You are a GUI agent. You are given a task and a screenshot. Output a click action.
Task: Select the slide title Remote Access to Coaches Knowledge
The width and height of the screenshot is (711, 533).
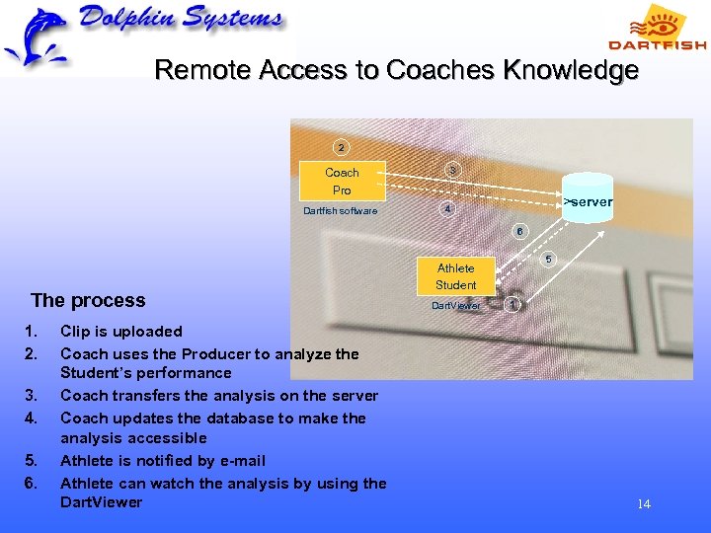[x=396, y=71]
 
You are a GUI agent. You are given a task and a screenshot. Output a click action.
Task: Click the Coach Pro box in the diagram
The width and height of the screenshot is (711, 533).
[x=342, y=181]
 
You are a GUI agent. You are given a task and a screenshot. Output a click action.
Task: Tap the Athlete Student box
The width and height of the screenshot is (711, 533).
[x=455, y=276]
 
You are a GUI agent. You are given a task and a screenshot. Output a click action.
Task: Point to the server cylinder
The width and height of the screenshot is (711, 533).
[x=588, y=200]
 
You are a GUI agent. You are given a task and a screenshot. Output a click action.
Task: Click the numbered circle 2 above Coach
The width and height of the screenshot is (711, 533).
[x=341, y=148]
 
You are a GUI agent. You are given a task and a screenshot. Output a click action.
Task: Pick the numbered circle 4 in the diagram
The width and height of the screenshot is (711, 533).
[x=447, y=209]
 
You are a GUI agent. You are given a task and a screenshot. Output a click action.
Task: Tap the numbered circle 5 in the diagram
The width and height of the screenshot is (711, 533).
[x=549, y=260]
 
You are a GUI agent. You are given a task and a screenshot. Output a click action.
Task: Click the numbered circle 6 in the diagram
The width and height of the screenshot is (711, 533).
[x=519, y=231]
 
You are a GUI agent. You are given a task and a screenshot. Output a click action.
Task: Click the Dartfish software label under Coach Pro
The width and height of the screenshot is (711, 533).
[x=340, y=210]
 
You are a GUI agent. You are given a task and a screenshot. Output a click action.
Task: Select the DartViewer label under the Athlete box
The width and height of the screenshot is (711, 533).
[x=456, y=306]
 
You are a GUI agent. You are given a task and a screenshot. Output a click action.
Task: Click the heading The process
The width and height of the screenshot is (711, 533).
[x=88, y=300]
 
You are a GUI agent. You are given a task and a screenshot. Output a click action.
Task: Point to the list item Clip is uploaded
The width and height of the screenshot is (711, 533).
[x=121, y=331]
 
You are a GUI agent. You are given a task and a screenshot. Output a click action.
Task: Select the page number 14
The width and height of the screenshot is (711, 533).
[x=644, y=504]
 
